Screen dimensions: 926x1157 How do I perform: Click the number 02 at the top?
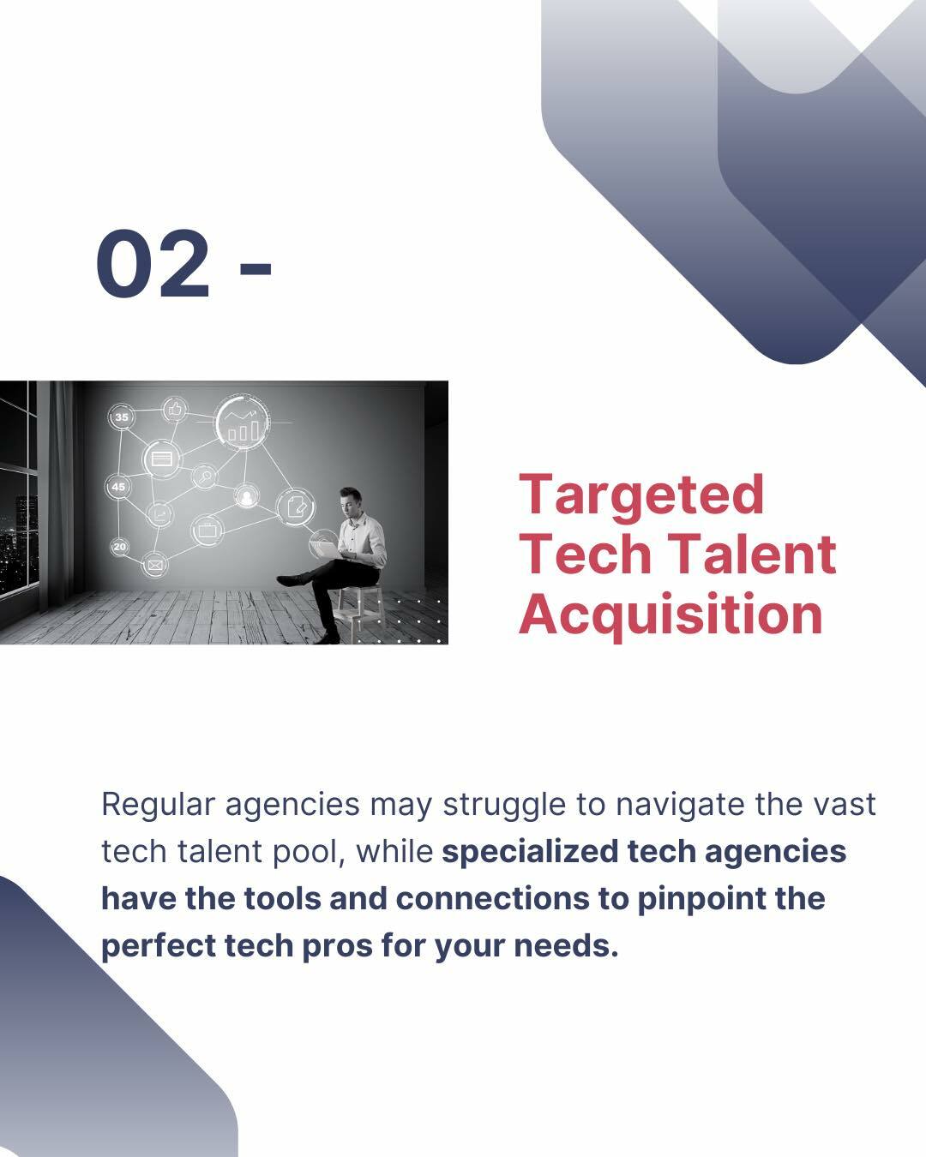coord(153,263)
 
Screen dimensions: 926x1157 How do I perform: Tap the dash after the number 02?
coord(256,267)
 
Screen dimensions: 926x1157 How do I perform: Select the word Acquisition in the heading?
coord(670,616)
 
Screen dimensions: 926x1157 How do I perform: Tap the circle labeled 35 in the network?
coord(122,417)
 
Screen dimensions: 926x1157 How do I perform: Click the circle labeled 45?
coord(117,487)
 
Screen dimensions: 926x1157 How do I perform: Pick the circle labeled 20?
coord(119,547)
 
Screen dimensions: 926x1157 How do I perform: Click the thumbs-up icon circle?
coord(174,411)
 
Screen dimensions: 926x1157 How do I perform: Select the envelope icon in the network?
coord(155,565)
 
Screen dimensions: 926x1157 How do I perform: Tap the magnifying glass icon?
coord(204,477)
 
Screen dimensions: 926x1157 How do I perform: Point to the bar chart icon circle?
coord(243,423)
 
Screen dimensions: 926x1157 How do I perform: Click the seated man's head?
coord(351,501)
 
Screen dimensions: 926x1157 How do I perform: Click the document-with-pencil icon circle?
coord(296,507)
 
